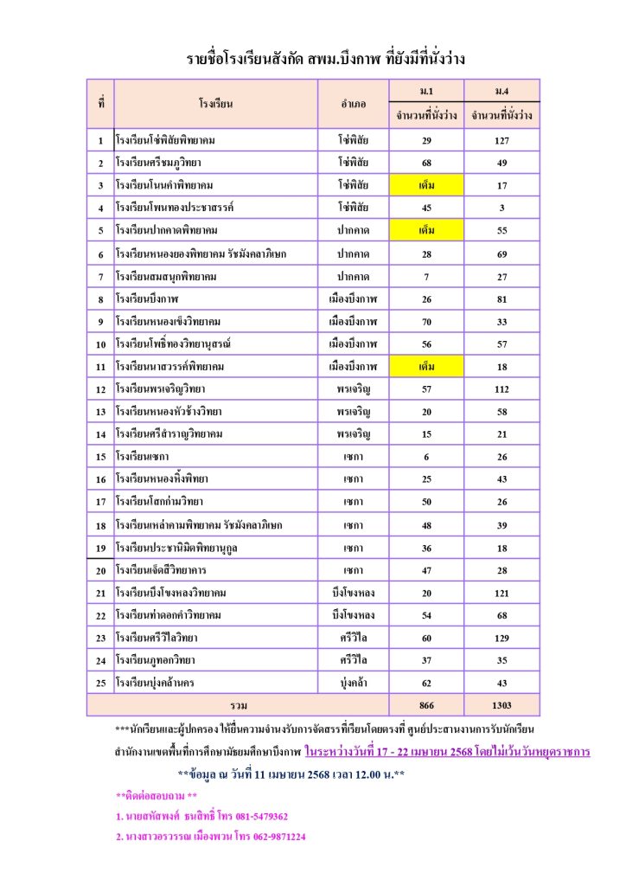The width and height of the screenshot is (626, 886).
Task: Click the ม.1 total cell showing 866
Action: point(426,705)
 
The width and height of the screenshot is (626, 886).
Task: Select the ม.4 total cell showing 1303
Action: point(501,705)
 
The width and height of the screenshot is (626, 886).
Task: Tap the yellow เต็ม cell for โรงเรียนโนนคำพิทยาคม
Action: point(426,185)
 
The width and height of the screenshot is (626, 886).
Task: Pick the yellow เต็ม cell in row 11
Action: point(426,366)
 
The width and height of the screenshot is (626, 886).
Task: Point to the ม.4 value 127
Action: point(501,140)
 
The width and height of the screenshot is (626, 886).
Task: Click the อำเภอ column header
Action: point(353,104)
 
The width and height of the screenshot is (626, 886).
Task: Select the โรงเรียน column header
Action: point(215,104)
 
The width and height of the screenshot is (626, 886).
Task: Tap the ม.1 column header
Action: point(426,90)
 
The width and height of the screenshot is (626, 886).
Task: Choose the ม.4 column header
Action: point(501,90)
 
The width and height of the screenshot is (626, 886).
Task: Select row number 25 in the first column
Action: point(100,683)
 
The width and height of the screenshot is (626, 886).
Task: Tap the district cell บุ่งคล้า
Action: point(353,683)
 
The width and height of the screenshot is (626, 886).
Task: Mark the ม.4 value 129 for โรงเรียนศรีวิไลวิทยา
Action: point(501,638)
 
